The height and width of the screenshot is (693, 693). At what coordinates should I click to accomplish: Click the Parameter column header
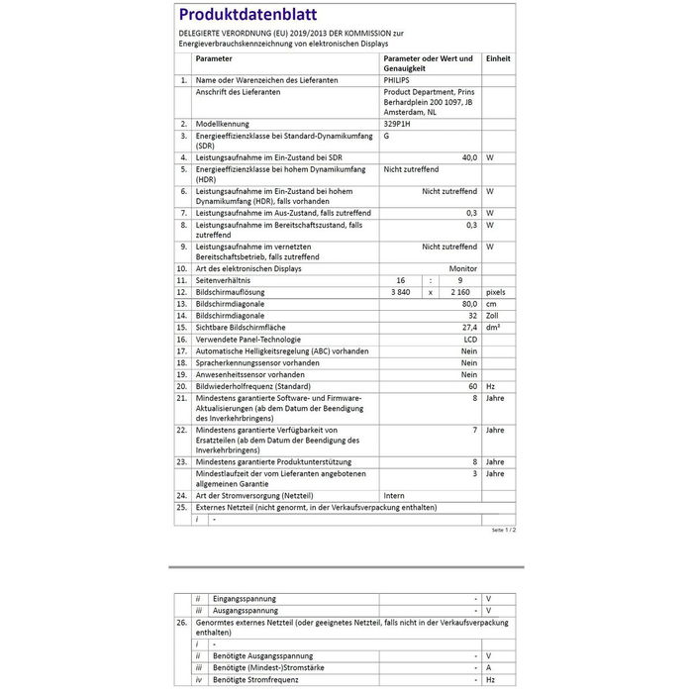click(x=214, y=59)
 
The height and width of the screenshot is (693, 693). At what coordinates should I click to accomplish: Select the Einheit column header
click(x=498, y=59)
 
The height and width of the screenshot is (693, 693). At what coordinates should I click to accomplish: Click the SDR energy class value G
click(x=386, y=136)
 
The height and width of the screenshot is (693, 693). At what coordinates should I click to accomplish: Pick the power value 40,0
click(x=469, y=157)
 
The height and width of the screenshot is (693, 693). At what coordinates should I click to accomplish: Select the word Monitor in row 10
click(x=463, y=268)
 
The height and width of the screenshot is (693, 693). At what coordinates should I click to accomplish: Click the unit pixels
click(x=496, y=292)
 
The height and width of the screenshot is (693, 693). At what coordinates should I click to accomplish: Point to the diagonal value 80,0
click(x=469, y=304)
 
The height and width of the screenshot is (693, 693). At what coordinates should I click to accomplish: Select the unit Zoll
click(x=493, y=316)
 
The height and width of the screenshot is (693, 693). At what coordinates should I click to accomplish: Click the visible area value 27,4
click(x=469, y=327)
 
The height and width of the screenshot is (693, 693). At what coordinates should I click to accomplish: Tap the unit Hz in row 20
click(x=490, y=385)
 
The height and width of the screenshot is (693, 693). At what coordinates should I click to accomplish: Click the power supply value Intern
click(x=394, y=494)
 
